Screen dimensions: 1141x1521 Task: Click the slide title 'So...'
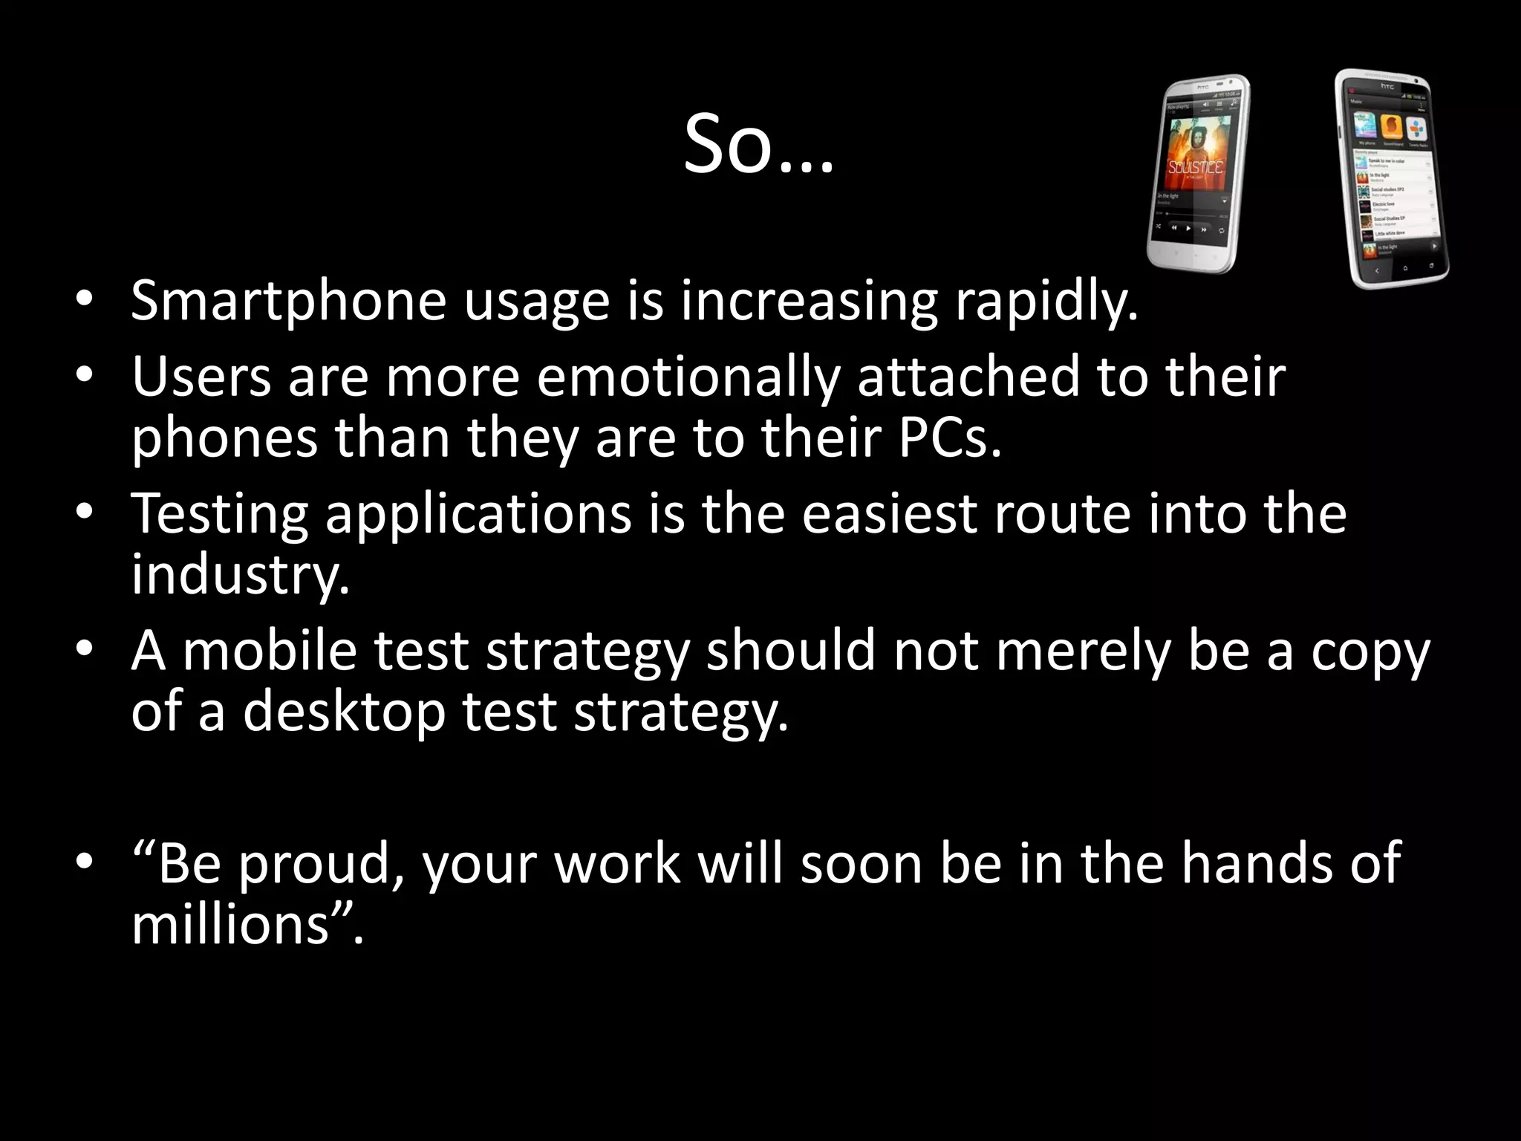coord(758,145)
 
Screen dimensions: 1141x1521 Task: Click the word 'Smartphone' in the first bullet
coord(288,302)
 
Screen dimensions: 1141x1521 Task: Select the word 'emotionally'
coord(688,377)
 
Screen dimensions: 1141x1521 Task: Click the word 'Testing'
coord(220,514)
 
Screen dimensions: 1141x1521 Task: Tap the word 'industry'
coord(239,575)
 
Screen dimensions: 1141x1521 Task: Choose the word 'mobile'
coord(270,651)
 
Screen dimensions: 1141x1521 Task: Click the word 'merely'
coord(1083,651)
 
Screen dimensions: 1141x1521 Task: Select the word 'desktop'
coord(344,712)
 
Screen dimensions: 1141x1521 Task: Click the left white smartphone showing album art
coord(1197,175)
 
